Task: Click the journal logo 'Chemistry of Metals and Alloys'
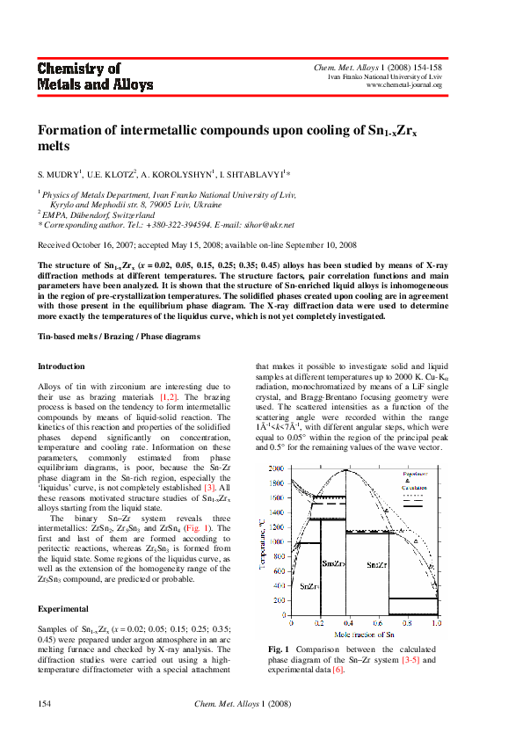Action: coord(95,76)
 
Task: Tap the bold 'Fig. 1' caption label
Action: coord(279,649)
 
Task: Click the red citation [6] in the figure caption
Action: coord(338,671)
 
